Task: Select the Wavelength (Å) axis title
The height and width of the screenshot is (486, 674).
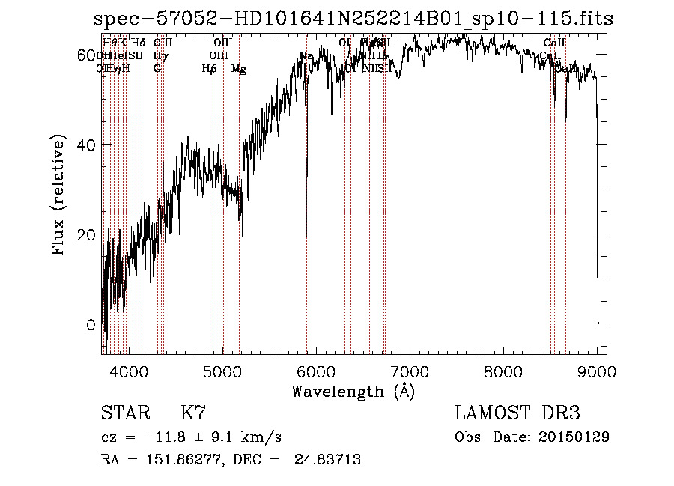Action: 353,391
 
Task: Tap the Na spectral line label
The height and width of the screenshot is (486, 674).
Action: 306,56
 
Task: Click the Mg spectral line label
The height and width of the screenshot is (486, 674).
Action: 239,69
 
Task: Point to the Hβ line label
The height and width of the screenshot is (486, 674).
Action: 210,69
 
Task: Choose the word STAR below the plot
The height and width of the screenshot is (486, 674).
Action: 125,413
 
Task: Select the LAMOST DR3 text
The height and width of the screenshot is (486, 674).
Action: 517,413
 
